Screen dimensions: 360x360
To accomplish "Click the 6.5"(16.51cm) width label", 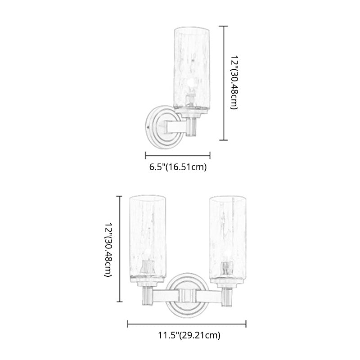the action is [178, 167].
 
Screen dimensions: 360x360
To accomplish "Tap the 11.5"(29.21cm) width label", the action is [189, 335].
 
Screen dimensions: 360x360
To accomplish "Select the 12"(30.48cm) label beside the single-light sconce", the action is [234, 82].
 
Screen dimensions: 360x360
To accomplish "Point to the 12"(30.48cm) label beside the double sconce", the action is [108, 250].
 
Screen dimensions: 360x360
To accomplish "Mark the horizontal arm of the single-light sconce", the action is [176, 127].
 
